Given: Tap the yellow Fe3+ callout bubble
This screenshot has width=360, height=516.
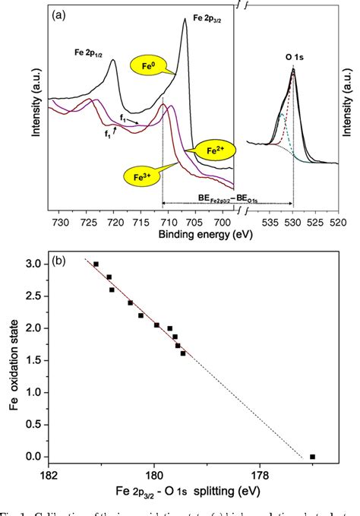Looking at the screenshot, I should click(x=141, y=177).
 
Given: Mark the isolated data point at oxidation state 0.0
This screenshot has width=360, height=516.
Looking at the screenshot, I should click(x=312, y=457).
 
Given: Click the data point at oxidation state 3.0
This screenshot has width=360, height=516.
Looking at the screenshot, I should click(x=96, y=264).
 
